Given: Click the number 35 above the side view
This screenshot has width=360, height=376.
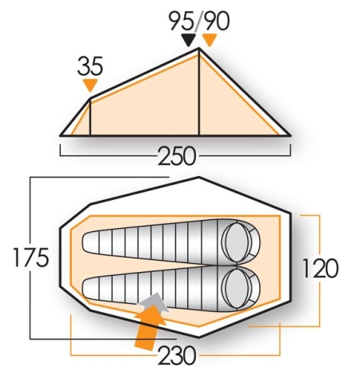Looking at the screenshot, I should [90, 66].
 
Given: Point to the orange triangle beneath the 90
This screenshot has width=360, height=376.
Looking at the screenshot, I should [210, 39].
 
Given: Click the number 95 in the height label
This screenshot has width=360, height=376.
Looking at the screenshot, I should [182, 19].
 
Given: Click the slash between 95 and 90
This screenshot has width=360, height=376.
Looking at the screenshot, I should [198, 19].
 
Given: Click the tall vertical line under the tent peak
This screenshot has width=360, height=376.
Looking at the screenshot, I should [198, 92].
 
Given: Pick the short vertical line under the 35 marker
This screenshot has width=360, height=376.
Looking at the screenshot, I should [90, 117].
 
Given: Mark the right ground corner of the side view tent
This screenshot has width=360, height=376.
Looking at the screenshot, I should [288, 135].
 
